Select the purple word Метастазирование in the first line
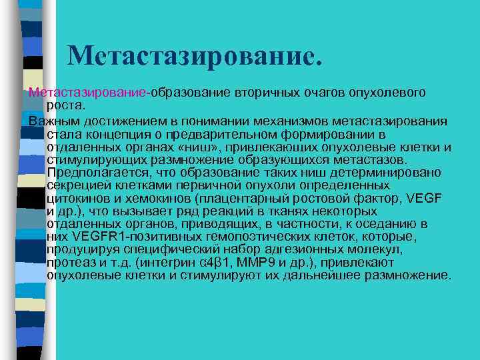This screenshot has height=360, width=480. click(x=87, y=91)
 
